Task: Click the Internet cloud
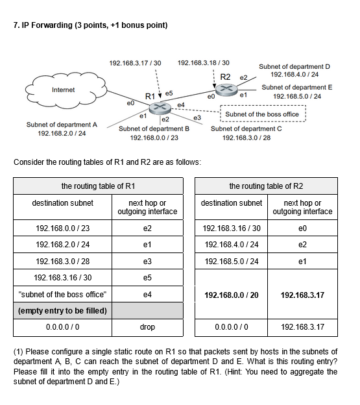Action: pyautogui.click(x=62, y=90)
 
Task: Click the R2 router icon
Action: pyautogui.click(x=227, y=90)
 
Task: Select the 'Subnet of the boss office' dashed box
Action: pyautogui.click(x=262, y=114)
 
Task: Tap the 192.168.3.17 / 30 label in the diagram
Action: pyautogui.click(x=136, y=63)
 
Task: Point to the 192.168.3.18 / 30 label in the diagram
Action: pyautogui.click(x=203, y=63)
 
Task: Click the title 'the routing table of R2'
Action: pyautogui.click(x=266, y=186)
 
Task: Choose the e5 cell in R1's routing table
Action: pyautogui.click(x=147, y=277)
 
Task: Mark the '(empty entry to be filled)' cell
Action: pyautogui.click(x=62, y=310)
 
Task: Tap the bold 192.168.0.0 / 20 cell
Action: pyautogui.click(x=231, y=294)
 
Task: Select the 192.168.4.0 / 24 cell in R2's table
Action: pyautogui.click(x=231, y=245)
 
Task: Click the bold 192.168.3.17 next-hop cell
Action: pyautogui.click(x=302, y=294)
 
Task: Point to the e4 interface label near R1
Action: pyautogui.click(x=181, y=104)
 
